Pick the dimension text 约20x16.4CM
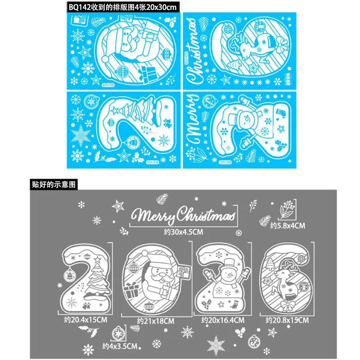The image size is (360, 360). tap(223, 320)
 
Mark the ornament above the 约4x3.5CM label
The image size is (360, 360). tap(119, 333)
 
